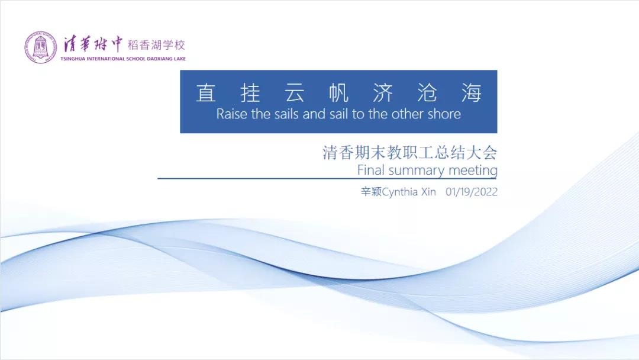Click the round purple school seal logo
click(x=40, y=47)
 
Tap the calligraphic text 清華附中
click(x=92, y=44)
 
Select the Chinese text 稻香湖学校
click(x=156, y=45)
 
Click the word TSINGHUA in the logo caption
click(x=73, y=59)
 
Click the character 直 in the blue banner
click(x=206, y=92)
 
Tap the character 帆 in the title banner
click(x=338, y=92)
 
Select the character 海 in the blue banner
click(x=472, y=92)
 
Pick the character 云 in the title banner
click(x=294, y=92)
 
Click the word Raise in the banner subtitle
click(x=232, y=114)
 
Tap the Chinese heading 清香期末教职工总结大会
click(x=410, y=153)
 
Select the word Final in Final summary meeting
click(x=371, y=169)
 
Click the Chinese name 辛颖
click(x=371, y=192)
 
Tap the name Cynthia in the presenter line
click(x=400, y=192)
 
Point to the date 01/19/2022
click(x=472, y=192)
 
